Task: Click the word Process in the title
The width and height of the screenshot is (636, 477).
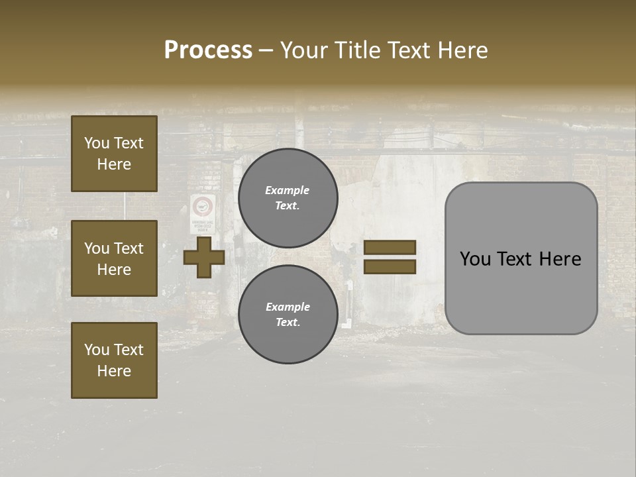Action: point(208,50)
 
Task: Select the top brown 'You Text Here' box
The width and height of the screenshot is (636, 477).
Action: point(114,154)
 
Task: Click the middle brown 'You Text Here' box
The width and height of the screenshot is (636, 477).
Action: point(114,258)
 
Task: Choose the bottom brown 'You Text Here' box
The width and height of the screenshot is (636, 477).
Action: point(114,360)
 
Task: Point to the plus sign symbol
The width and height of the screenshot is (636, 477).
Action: point(204,258)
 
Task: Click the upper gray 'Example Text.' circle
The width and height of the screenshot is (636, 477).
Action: point(288,198)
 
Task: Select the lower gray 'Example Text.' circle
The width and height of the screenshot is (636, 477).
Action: point(288,314)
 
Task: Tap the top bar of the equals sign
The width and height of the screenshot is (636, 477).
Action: point(390,247)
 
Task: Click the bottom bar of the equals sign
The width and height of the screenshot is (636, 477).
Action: point(390,267)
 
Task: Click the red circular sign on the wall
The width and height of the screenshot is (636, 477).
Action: point(203,206)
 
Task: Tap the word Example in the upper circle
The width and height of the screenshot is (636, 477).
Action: point(287,190)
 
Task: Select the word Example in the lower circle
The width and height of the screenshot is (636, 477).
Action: point(288,307)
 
